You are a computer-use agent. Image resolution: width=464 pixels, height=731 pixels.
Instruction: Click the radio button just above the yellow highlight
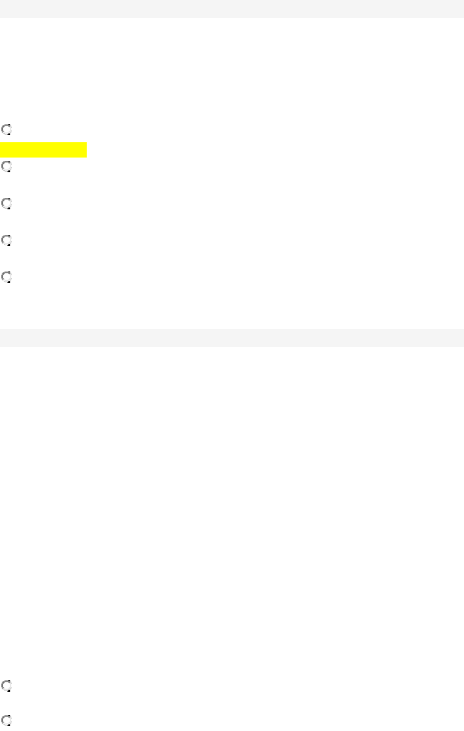click(7, 130)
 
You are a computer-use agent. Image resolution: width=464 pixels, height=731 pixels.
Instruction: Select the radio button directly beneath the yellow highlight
click(7, 166)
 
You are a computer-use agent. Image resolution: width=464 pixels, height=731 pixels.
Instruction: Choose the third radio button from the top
click(7, 203)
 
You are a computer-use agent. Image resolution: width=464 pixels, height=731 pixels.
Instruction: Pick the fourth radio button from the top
click(7, 240)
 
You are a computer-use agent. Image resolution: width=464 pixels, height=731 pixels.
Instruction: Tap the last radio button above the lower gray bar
click(7, 277)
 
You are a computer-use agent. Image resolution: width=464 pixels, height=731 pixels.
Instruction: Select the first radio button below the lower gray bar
click(7, 685)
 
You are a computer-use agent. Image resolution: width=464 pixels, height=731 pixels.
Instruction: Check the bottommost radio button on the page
click(7, 721)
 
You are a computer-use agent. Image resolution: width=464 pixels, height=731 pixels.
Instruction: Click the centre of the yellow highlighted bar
click(44, 150)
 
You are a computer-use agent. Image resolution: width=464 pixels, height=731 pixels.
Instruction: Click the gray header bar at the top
click(232, 9)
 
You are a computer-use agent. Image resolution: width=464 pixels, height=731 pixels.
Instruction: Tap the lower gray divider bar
click(232, 337)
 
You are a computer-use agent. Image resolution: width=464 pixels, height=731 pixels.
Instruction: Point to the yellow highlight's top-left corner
click(1, 143)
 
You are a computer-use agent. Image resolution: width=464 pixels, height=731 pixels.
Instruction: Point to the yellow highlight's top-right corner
click(86, 143)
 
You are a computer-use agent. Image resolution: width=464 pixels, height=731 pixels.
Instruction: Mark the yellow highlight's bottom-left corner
click(1, 157)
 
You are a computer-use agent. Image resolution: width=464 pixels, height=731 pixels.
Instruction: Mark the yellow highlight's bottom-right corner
click(86, 157)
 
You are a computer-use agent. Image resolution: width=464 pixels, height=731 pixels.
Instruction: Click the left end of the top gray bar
click(2, 9)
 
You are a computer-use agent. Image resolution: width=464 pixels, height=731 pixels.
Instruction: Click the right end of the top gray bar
click(462, 9)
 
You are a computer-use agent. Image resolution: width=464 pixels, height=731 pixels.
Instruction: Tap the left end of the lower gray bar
click(2, 337)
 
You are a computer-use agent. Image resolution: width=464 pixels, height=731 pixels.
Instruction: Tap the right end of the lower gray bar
click(462, 337)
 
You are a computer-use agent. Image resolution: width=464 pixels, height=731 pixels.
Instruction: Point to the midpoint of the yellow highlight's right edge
click(86, 150)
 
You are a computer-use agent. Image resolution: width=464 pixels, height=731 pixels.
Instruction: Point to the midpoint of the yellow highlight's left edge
click(1, 150)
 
